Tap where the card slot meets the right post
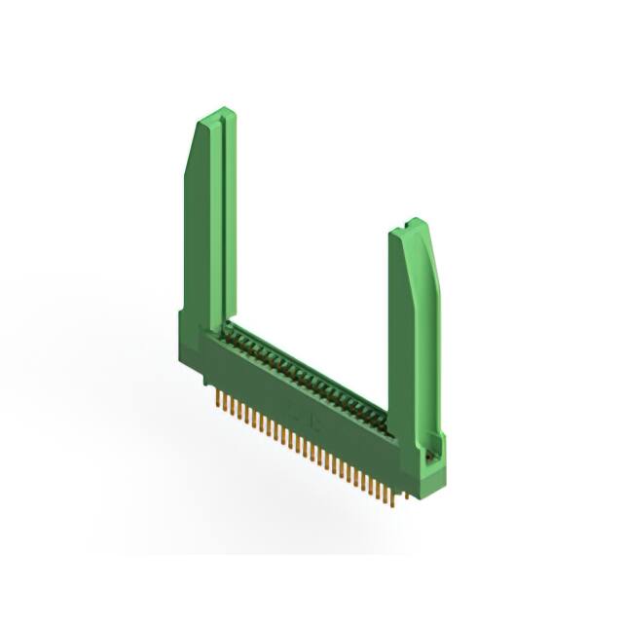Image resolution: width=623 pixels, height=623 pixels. (x=391, y=428)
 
